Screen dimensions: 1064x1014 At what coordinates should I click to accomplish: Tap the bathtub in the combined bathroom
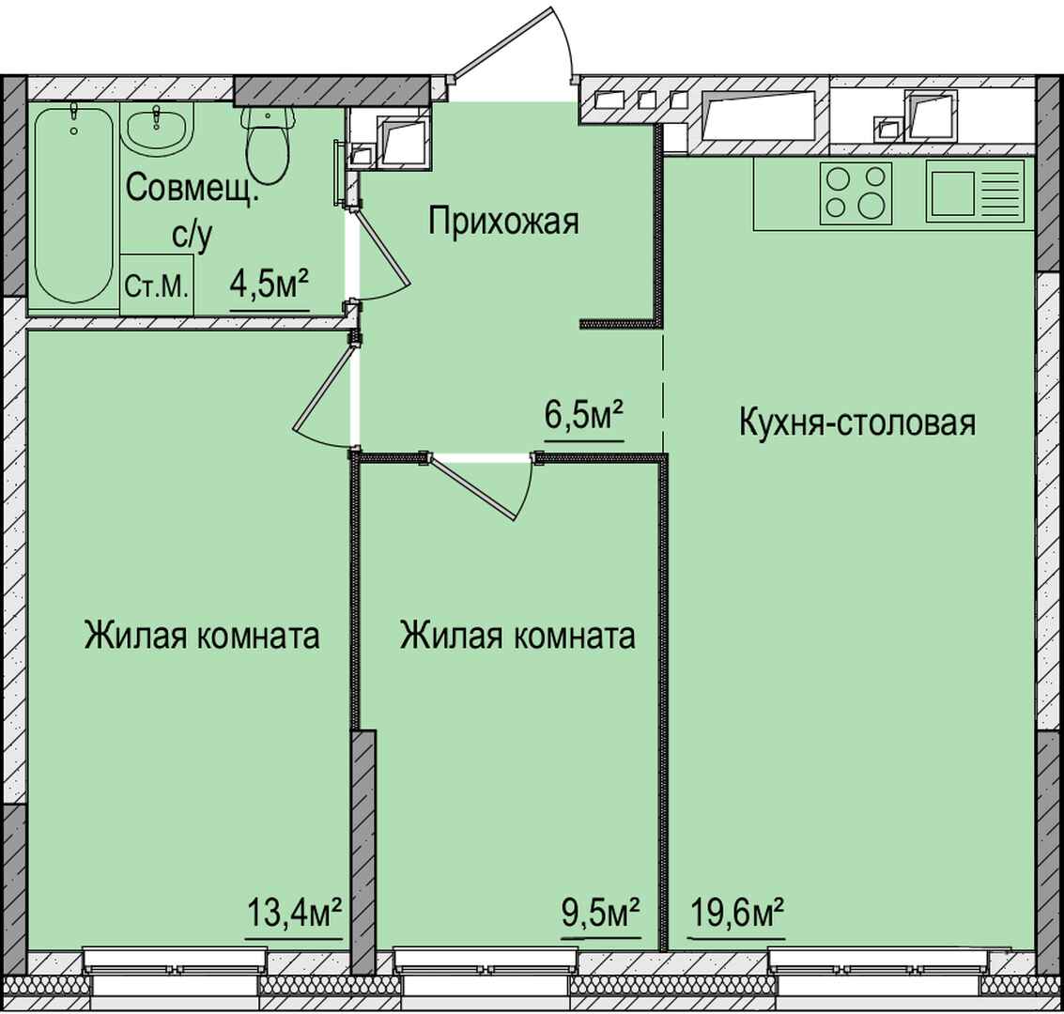tap(73, 206)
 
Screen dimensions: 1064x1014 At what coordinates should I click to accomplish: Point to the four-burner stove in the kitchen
tap(855, 192)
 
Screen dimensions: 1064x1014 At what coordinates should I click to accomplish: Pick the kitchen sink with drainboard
tap(975, 192)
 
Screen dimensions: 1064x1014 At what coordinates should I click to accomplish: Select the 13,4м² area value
tap(293, 914)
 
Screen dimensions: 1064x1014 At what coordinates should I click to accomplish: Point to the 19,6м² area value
tap(737, 914)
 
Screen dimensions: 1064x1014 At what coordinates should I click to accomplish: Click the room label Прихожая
tap(503, 222)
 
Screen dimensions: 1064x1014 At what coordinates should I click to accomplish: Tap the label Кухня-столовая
tap(857, 422)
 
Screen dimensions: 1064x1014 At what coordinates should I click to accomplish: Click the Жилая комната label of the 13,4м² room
tap(202, 637)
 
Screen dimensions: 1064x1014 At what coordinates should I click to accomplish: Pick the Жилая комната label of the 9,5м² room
tap(517, 637)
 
